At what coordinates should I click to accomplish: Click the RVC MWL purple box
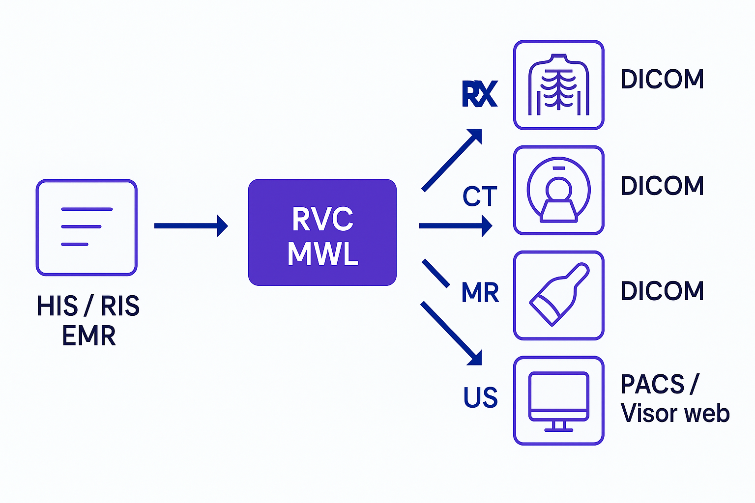[x=322, y=232]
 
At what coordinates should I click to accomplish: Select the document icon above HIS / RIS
[x=87, y=227]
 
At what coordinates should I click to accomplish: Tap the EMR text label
[x=89, y=336]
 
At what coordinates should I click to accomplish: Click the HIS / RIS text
[x=88, y=306]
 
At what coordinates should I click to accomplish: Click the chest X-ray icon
[x=558, y=85]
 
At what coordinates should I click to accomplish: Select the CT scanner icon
[x=558, y=190]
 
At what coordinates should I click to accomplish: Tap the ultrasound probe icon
[x=558, y=295]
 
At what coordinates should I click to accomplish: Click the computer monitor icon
[x=558, y=401]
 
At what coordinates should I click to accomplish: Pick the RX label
[x=479, y=94]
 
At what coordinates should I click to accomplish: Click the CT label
[x=480, y=197]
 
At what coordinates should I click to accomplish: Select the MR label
[x=480, y=293]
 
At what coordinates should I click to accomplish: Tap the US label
[x=480, y=397]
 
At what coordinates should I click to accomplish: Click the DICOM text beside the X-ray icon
[x=662, y=79]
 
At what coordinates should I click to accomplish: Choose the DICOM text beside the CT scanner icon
[x=662, y=186]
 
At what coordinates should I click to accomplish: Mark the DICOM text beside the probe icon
[x=662, y=291]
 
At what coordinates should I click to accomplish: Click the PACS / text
[x=659, y=384]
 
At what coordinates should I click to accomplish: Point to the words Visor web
[x=675, y=413]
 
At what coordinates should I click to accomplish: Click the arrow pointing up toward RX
[x=452, y=160]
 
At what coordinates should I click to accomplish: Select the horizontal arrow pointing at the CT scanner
[x=455, y=226]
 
